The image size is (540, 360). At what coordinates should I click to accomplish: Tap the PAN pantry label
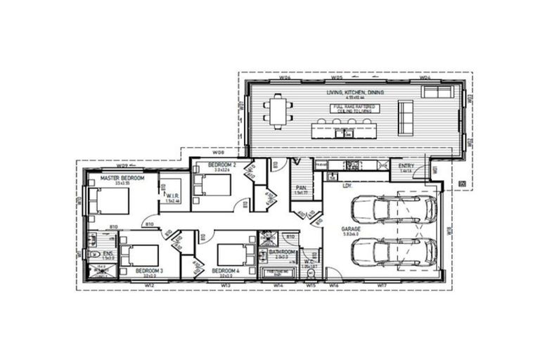(x=301, y=188)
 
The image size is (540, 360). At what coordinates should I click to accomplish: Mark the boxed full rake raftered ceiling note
(x=355, y=109)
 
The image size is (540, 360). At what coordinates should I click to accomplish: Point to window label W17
(x=382, y=285)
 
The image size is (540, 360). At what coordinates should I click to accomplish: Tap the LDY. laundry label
(x=347, y=186)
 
